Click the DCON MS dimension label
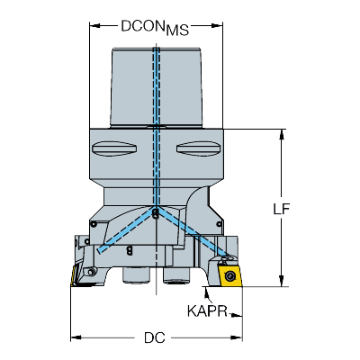click(x=155, y=28)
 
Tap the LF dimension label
click(x=282, y=209)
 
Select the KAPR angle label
click(x=207, y=311)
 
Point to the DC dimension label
click(x=155, y=337)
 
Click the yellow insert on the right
click(x=230, y=275)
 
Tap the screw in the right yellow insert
click(x=230, y=275)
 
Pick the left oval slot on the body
click(x=114, y=148)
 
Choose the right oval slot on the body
click(x=198, y=148)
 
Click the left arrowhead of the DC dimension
click(x=76, y=337)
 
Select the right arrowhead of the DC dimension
click(x=237, y=337)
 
